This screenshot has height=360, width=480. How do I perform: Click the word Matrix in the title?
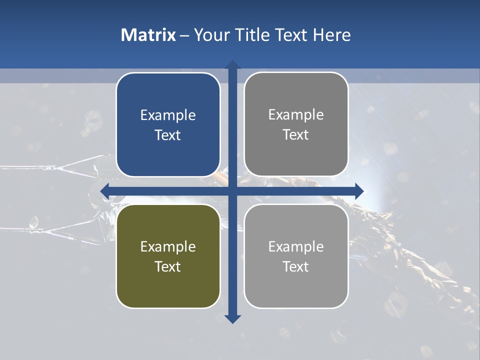click(148, 35)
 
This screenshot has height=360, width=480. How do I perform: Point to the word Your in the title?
click(211, 35)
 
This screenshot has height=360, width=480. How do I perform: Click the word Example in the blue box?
click(168, 115)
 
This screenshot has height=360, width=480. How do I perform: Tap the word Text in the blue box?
click(168, 135)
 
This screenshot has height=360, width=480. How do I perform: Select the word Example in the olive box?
click(168, 247)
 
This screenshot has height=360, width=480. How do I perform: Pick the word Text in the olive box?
click(168, 267)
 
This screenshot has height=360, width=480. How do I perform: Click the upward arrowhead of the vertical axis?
click(232, 65)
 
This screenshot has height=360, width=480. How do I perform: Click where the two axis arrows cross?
click(232, 191)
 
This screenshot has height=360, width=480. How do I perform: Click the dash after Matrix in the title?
click(185, 35)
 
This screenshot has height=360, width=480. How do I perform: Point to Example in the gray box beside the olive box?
click(296, 247)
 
